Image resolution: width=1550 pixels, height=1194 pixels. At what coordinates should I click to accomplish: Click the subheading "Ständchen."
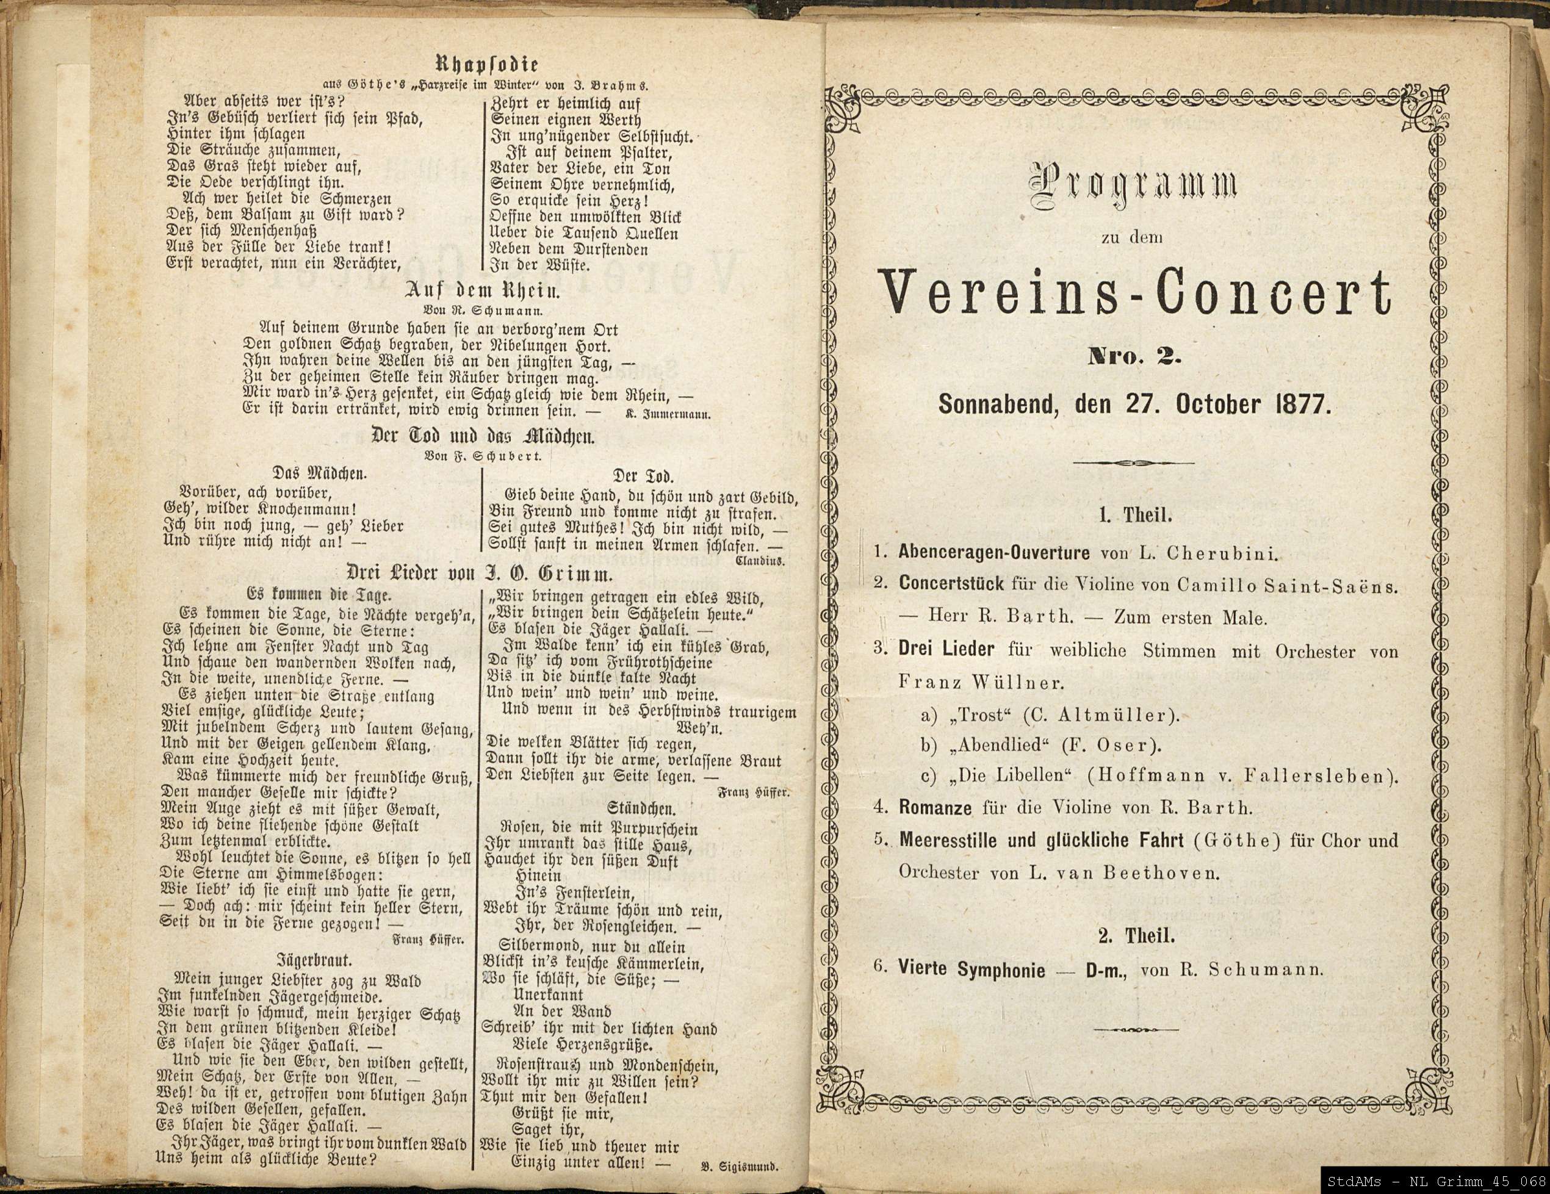pyautogui.click(x=640, y=808)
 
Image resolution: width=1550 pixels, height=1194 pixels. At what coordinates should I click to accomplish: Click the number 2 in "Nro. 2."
pyautogui.click(x=1166, y=358)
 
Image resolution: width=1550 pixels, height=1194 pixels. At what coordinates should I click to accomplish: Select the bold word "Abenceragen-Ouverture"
pyautogui.click(x=993, y=553)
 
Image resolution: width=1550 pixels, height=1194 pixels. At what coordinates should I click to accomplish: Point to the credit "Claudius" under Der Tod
pyautogui.click(x=762, y=561)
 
